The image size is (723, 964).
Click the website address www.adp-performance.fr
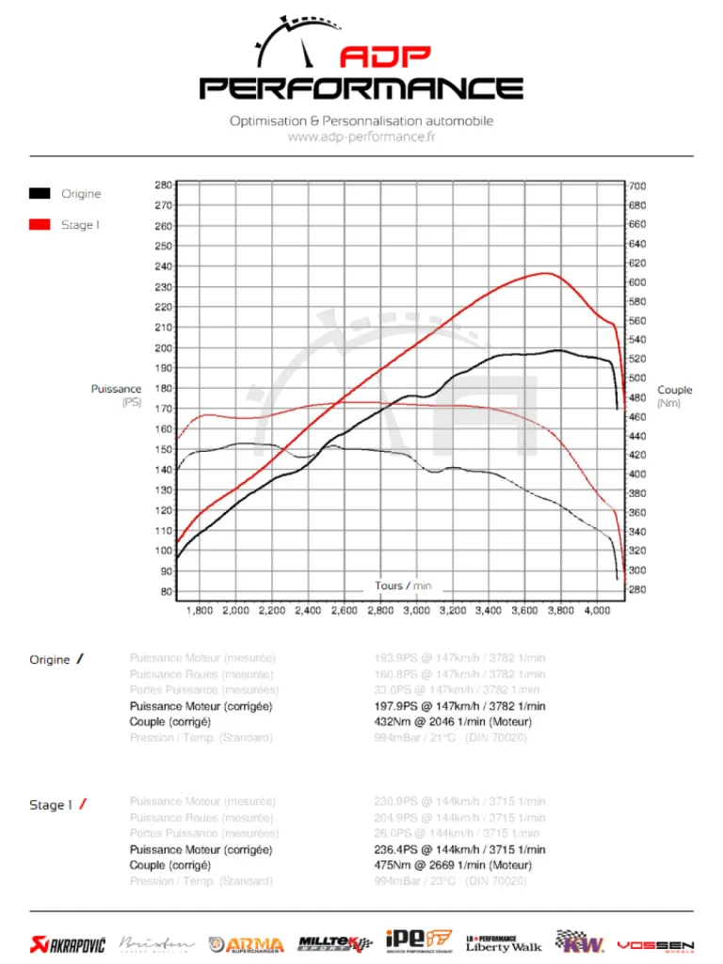[x=361, y=137]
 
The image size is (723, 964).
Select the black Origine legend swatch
[x=40, y=193]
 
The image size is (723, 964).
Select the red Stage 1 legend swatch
[x=40, y=224]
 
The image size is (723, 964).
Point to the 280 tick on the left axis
[x=163, y=185]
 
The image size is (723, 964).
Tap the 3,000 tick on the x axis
[x=416, y=611]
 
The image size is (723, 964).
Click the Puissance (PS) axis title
[x=117, y=395]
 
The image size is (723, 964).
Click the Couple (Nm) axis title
[x=674, y=396]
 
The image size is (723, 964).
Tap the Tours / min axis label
[x=403, y=586]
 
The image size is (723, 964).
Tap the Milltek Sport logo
[x=333, y=942]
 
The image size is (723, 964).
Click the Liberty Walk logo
[x=504, y=943]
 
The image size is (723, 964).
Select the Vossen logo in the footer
[x=655, y=944]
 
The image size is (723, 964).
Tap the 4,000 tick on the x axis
[x=597, y=611]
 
